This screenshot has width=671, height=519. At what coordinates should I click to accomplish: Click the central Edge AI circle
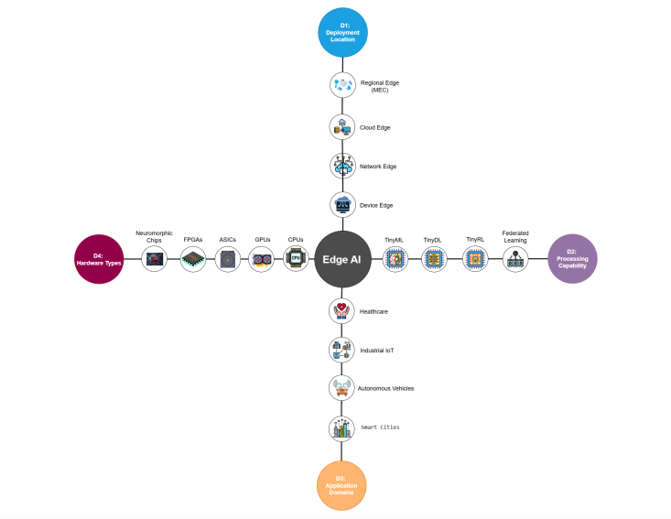pos(342,259)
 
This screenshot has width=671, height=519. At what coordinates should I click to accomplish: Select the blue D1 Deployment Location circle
pos(342,33)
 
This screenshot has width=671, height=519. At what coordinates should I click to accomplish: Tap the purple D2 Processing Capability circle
pos(572,259)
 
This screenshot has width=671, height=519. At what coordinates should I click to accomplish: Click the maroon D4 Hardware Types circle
pos(100,259)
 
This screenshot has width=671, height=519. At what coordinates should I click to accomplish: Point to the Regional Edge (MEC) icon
pos(342,86)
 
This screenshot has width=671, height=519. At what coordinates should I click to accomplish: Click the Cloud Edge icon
pos(342,127)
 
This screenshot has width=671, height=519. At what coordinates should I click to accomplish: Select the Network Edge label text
pos(378,167)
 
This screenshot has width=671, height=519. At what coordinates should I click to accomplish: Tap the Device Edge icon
pos(342,204)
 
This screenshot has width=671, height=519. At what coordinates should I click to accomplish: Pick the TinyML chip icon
pos(395,260)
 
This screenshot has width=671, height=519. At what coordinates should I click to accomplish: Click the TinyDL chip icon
pos(434,260)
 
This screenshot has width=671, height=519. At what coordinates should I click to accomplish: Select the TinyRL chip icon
pos(474,260)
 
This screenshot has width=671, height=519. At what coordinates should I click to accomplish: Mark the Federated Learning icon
pos(515,260)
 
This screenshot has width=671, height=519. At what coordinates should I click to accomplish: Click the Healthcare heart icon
pos(341,311)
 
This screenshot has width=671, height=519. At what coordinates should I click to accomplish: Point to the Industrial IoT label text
pos(376,351)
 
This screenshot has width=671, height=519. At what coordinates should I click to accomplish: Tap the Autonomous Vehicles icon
pos(341,388)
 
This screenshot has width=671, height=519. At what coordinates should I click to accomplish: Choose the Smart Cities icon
pos(341,427)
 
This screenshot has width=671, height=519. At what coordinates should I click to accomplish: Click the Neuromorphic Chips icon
pos(155,260)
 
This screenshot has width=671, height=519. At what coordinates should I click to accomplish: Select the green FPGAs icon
pos(192,260)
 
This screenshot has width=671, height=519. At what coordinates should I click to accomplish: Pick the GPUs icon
pos(262,260)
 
